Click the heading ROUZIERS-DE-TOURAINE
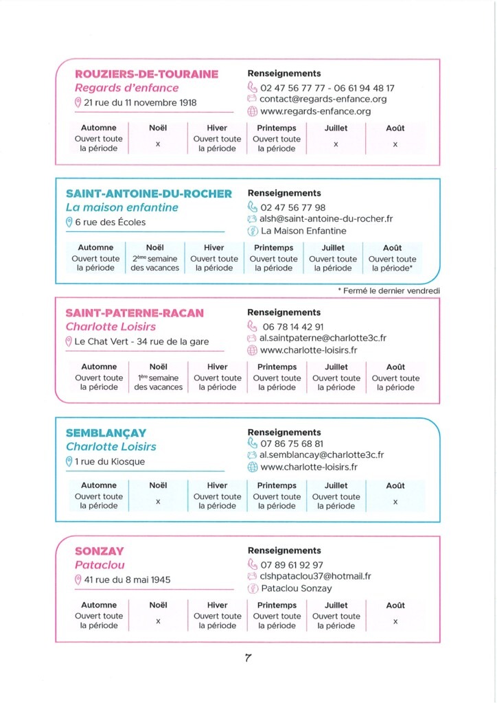[146, 74]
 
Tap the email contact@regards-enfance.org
[323, 99]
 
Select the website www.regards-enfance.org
[315, 111]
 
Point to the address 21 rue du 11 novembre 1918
[140, 103]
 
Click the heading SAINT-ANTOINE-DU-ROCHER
[149, 194]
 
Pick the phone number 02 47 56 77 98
[293, 207]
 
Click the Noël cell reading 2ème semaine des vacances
[155, 264]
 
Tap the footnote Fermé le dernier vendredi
[389, 291]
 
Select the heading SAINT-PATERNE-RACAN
[135, 313]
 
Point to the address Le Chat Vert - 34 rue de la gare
[141, 342]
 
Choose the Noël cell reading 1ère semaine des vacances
[159, 382]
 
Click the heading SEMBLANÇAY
[106, 433]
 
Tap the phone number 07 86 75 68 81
[292, 444]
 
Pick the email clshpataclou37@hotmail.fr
[316, 577]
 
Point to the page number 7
[248, 658]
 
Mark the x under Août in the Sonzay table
[395, 621]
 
